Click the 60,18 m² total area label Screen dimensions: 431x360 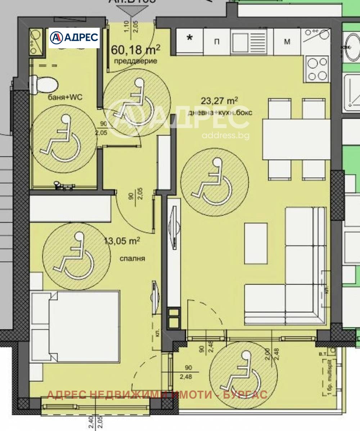click(x=135, y=49)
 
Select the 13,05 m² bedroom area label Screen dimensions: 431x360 click(x=122, y=241)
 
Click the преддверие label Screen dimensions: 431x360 click(x=135, y=60)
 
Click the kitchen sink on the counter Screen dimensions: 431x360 click(x=248, y=41)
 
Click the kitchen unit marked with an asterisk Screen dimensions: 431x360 click(x=190, y=41)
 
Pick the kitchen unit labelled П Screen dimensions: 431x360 click(x=217, y=41)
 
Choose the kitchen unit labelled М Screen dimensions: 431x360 click(x=287, y=41)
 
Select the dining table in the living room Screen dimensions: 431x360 click(x=296, y=139)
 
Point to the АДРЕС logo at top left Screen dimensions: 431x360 click(x=74, y=38)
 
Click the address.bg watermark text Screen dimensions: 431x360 click(x=225, y=136)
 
